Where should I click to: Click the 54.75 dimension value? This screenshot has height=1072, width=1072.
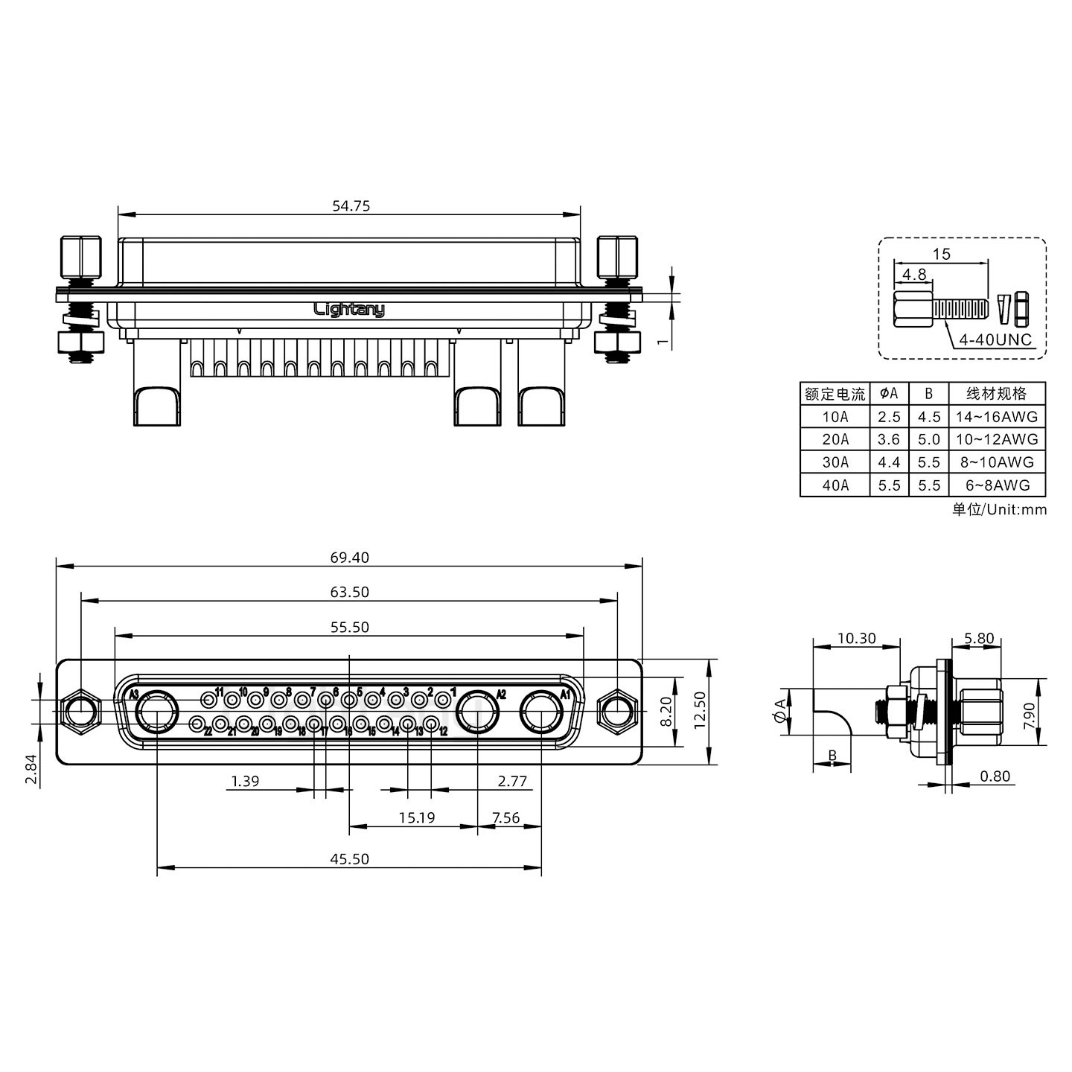coord(350,206)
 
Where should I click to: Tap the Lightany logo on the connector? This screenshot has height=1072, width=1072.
coord(349,309)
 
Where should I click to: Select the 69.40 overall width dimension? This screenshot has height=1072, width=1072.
coord(350,558)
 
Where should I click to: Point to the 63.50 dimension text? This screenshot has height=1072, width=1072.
coord(350,593)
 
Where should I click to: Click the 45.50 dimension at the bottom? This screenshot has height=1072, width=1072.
coord(350,859)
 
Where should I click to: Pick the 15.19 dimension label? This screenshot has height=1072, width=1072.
coord(416,817)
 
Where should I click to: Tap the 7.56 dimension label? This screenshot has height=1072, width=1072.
coord(506,817)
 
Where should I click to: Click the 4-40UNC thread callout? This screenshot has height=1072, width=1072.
coord(995,340)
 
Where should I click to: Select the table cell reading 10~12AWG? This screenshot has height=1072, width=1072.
coord(997,439)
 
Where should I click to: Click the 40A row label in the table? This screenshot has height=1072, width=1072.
coord(835,485)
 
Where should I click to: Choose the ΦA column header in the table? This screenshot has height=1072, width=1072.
coord(889,393)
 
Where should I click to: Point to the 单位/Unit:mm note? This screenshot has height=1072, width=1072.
coord(999,510)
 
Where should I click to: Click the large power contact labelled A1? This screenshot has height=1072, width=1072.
coord(541,712)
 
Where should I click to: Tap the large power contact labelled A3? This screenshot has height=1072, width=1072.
coord(157,712)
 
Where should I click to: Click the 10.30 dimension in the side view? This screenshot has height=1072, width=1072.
coord(856,638)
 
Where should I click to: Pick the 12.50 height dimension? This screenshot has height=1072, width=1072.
coord(699,712)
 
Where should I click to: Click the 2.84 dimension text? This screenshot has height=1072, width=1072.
coord(30,769)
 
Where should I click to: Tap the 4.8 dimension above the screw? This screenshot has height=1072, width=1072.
coord(913,274)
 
